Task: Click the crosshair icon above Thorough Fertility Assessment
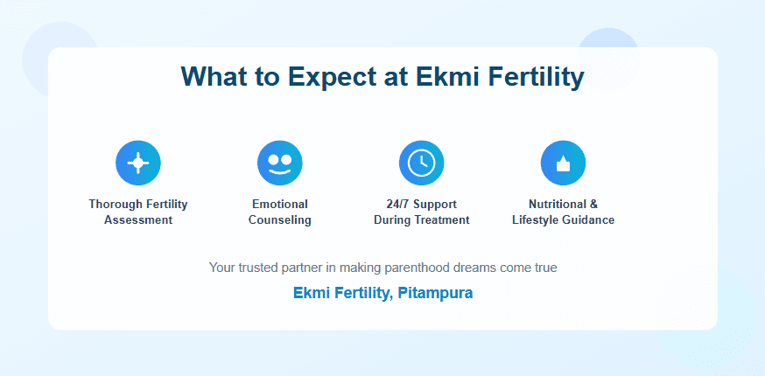[x=138, y=163]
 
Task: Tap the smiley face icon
[x=279, y=163]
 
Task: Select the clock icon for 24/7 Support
[x=422, y=163]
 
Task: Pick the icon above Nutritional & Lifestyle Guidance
[x=563, y=163]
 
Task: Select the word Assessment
[x=138, y=220]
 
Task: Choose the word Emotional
[x=280, y=204]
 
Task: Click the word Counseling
[x=280, y=220]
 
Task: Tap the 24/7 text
[x=397, y=204]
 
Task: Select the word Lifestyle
[x=536, y=220]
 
